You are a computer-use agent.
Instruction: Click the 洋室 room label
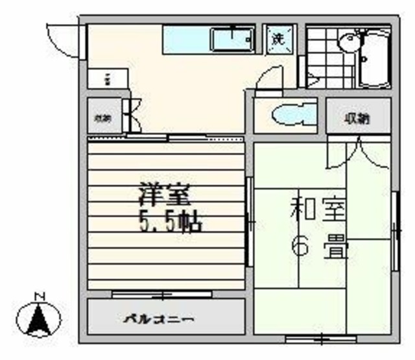[x=165, y=195]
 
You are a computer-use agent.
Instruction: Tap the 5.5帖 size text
[x=170, y=222]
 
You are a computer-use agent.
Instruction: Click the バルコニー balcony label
[x=159, y=319]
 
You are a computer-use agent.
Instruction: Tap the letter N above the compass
[x=39, y=297]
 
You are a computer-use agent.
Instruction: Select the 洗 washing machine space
[x=278, y=38]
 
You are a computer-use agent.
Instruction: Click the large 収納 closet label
[x=357, y=118]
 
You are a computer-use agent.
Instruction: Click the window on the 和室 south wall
[x=320, y=339]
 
